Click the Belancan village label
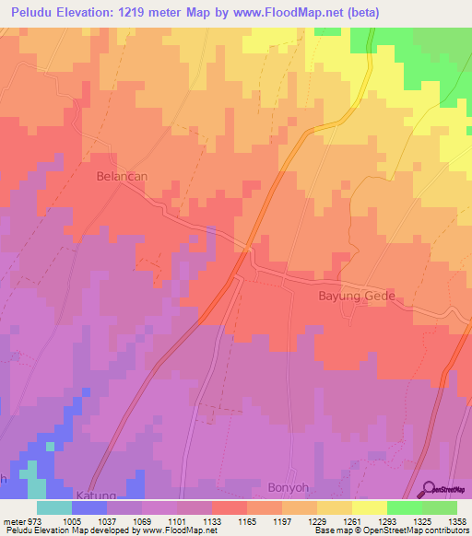click(x=122, y=173)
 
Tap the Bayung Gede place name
click(x=356, y=297)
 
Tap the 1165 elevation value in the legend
click(x=243, y=520)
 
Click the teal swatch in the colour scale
click(x=54, y=507)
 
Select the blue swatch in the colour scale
click(x=89, y=507)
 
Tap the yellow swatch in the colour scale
click(x=370, y=507)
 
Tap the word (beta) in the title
click(x=359, y=12)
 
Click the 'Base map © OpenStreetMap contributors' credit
click(x=391, y=531)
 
